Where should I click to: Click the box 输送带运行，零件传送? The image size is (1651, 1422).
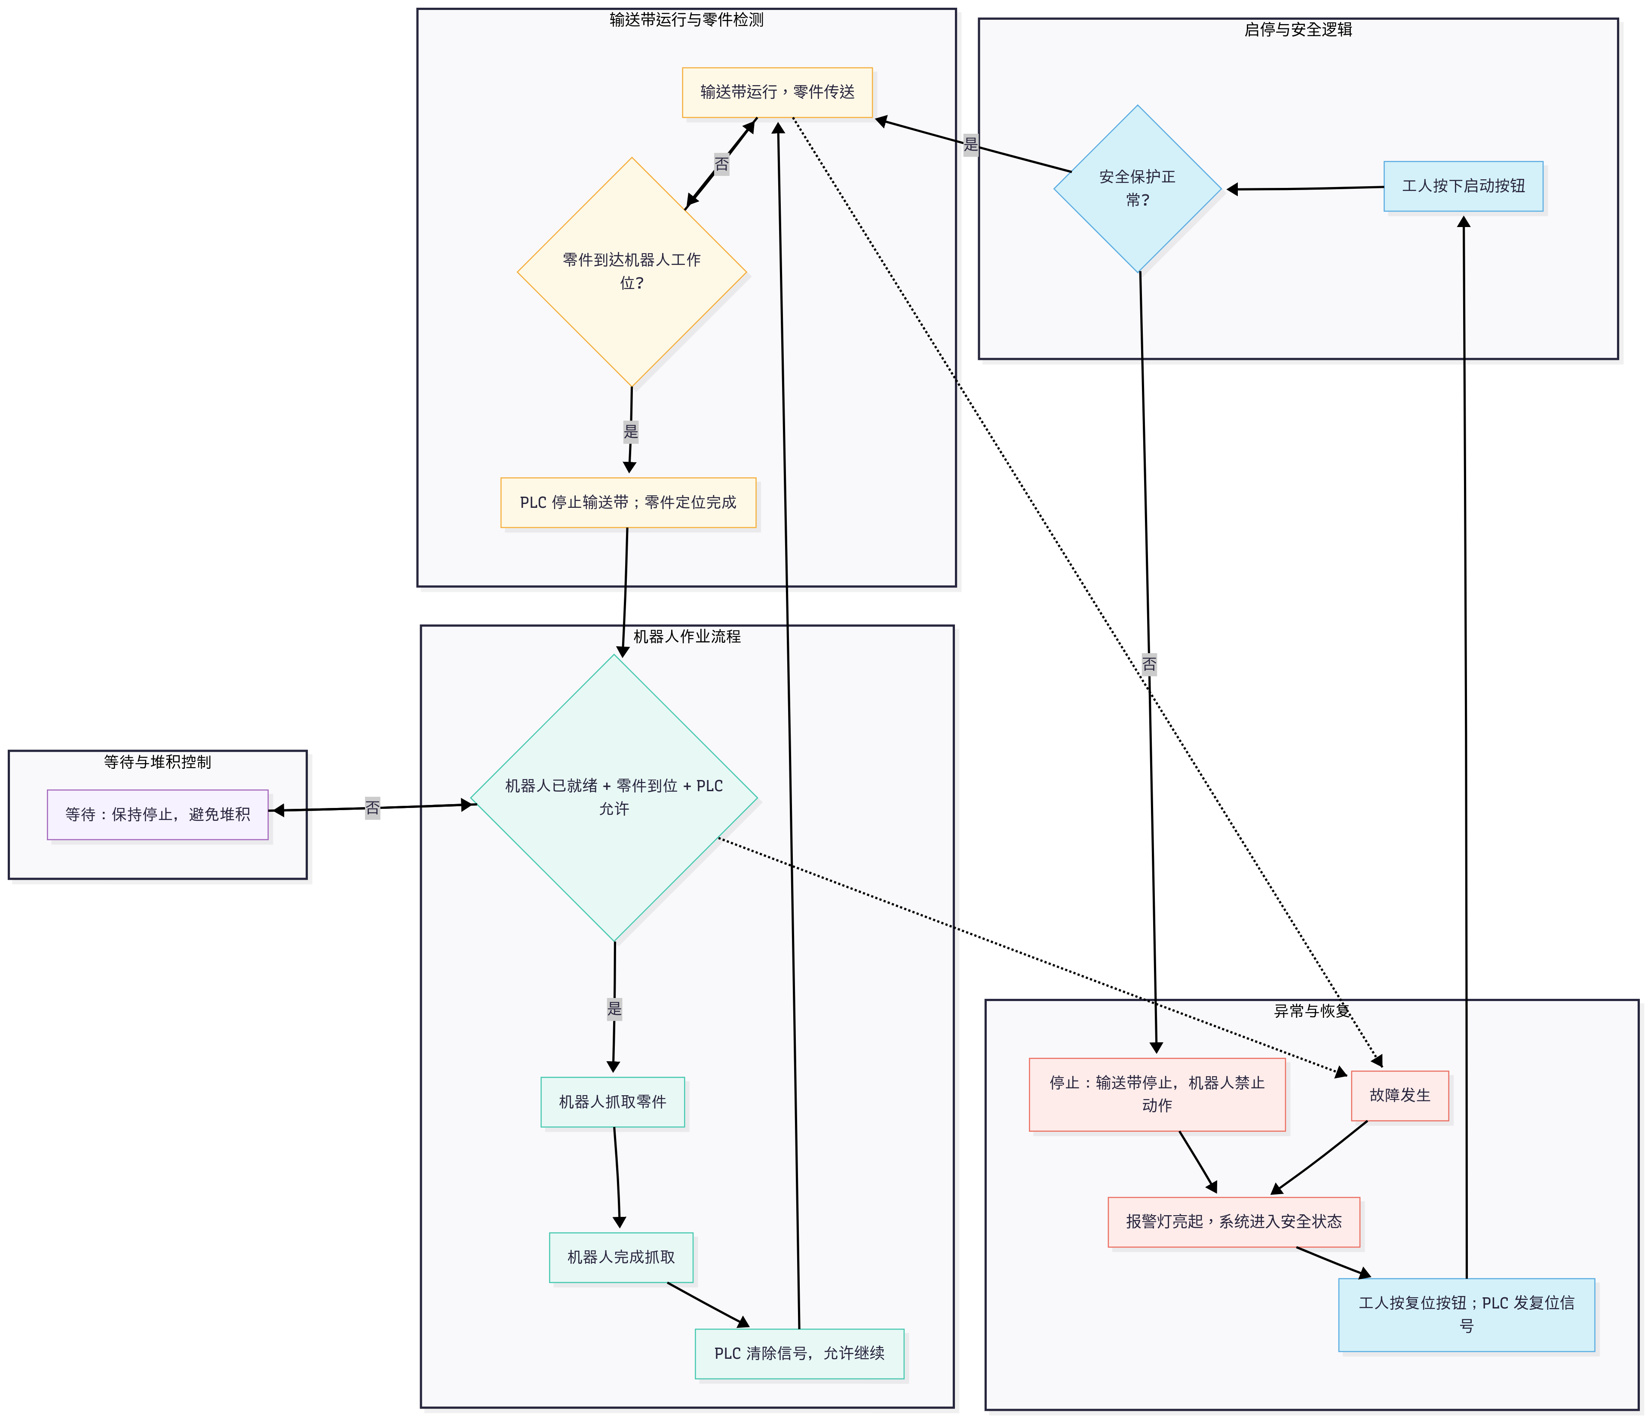point(777,92)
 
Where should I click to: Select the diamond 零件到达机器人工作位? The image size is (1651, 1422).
point(632,272)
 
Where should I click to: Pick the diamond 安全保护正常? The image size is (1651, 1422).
point(1137,189)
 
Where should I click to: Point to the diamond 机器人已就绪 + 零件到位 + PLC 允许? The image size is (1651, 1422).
point(614,797)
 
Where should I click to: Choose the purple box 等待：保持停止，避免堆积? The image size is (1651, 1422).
point(158,814)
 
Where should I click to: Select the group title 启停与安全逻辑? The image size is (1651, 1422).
point(1298,30)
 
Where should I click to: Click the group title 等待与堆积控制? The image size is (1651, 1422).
point(158,762)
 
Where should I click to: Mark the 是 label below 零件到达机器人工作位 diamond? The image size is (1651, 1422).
point(631,432)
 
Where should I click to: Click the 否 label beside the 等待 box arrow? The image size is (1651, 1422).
point(372,808)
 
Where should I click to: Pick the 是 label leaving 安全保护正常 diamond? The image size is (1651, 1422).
point(970,144)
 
